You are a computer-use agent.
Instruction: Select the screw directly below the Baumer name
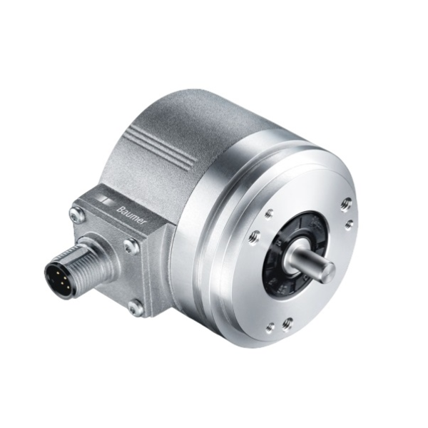point(130,246)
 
